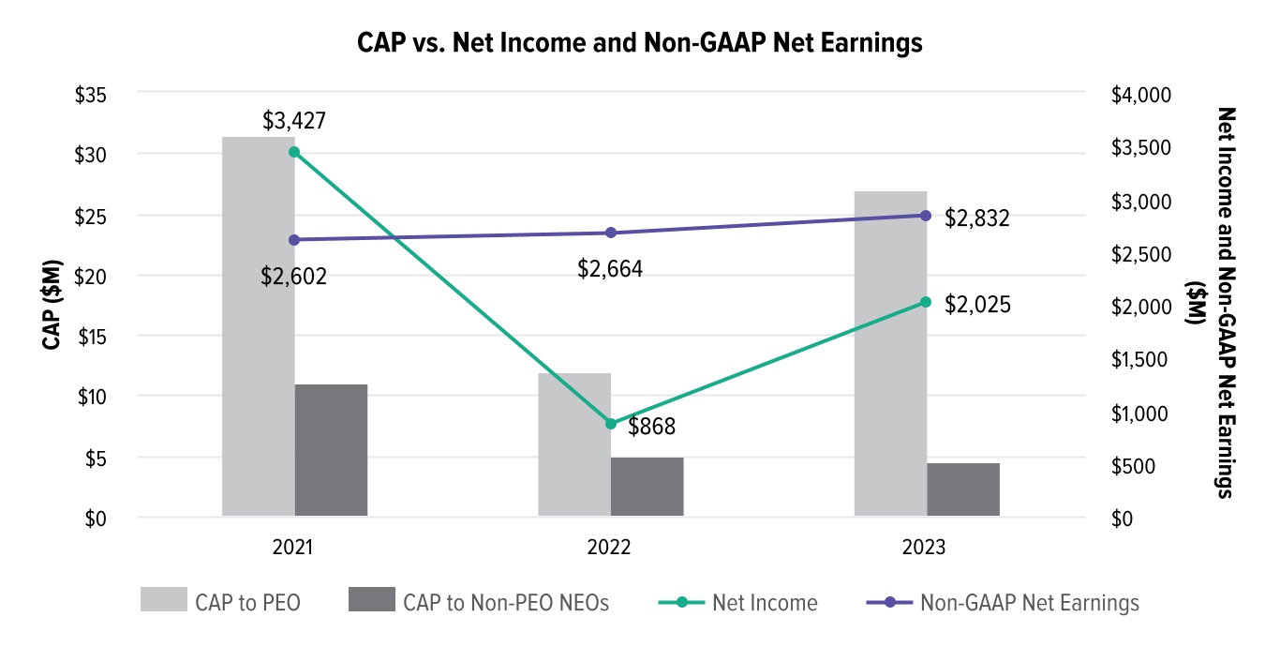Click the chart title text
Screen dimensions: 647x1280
coord(640,43)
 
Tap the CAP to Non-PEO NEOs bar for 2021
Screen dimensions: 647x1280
coord(331,450)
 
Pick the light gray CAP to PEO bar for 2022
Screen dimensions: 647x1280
coord(573,444)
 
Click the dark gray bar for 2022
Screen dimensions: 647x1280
coord(647,487)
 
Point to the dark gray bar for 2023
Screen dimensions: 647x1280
coord(962,489)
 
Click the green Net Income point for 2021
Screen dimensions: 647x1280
coord(294,152)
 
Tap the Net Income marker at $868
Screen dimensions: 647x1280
coord(611,424)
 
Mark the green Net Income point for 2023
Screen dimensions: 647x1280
coord(926,302)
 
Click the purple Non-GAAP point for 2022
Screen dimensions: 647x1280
coord(611,233)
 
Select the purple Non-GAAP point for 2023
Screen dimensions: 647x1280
coord(926,215)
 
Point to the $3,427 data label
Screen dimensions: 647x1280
coord(294,120)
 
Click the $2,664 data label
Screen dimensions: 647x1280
coord(610,270)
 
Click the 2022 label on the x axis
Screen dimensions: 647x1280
coord(610,548)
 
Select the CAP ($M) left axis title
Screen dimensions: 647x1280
coord(53,306)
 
